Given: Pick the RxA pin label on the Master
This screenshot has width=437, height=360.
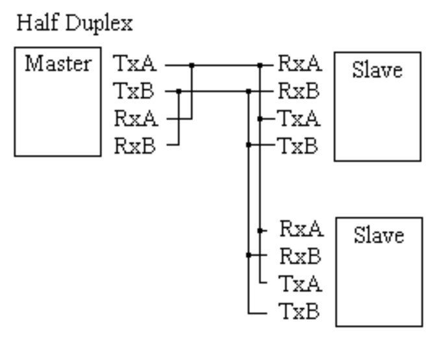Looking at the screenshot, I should (x=134, y=119).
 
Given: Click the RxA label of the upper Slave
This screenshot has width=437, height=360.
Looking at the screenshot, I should (x=300, y=65).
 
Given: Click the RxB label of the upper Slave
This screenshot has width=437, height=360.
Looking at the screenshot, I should (x=300, y=91).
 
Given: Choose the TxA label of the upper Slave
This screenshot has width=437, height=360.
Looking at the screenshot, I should (x=300, y=119).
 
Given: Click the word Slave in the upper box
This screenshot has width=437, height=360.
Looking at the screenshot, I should (x=377, y=70).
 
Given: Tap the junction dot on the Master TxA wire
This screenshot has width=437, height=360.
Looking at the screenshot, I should (x=191, y=65).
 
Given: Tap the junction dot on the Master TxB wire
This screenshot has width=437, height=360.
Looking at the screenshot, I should (x=178, y=91).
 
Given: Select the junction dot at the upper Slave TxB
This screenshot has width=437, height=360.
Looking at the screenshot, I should (x=249, y=145).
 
